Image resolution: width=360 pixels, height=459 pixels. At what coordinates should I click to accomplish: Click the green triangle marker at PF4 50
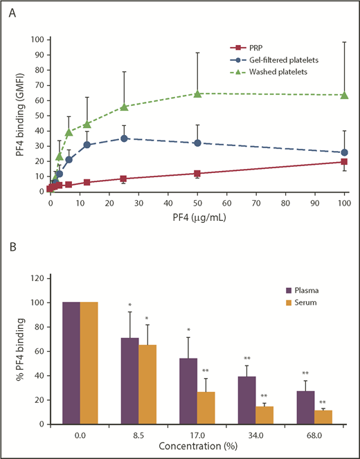point(197,93)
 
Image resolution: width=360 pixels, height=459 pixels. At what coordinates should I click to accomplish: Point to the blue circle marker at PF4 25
point(124,138)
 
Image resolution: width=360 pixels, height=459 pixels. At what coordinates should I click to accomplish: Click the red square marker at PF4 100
point(345,162)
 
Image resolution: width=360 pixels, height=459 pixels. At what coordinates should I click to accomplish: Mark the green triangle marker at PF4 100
point(345,95)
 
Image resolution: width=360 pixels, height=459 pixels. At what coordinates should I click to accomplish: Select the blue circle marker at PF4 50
point(197,143)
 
